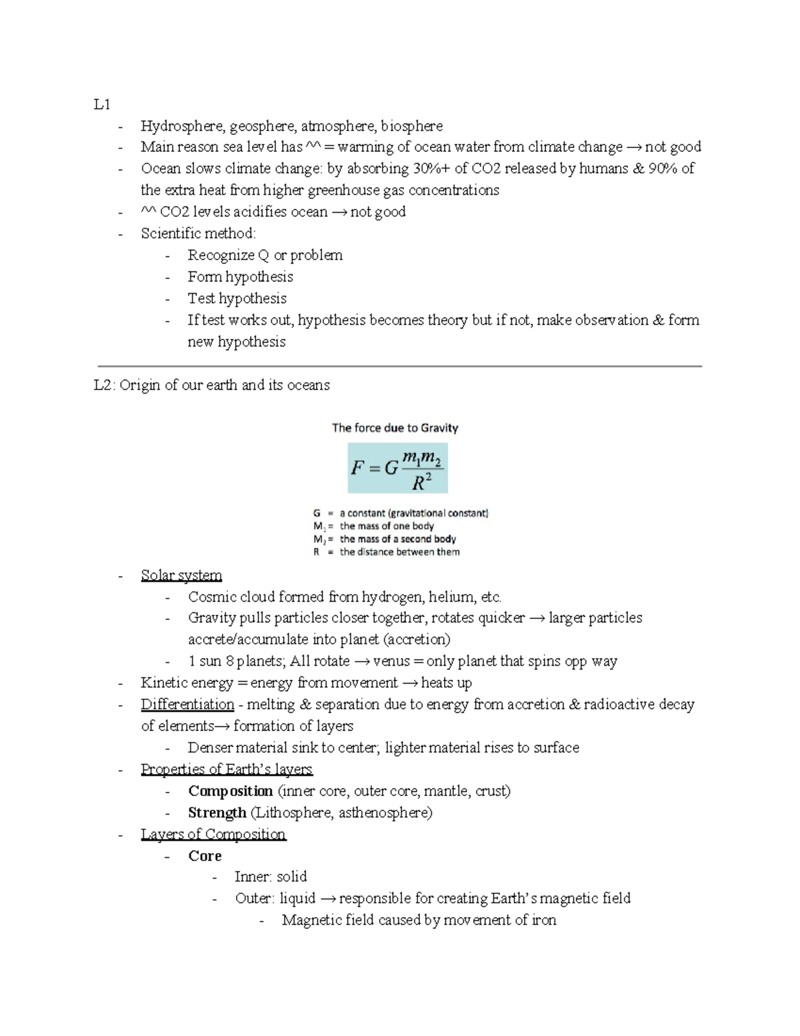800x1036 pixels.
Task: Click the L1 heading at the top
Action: point(102,105)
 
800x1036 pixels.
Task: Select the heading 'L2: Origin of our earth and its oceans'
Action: point(212,386)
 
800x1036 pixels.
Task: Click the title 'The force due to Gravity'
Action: point(395,428)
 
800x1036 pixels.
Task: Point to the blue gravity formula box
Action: point(397,468)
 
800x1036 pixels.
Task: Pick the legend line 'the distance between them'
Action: point(399,552)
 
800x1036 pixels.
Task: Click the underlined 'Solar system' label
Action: point(181,576)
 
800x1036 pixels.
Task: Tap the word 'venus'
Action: point(391,662)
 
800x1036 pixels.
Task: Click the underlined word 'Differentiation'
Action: point(187,704)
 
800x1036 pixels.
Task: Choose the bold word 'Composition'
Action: point(230,791)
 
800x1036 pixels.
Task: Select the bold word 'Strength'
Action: point(217,813)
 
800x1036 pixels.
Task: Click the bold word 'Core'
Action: point(205,856)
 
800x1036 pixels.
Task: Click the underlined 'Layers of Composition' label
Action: point(213,835)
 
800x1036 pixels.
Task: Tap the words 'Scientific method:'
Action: point(198,233)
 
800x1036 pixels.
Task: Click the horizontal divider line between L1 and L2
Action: point(400,366)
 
